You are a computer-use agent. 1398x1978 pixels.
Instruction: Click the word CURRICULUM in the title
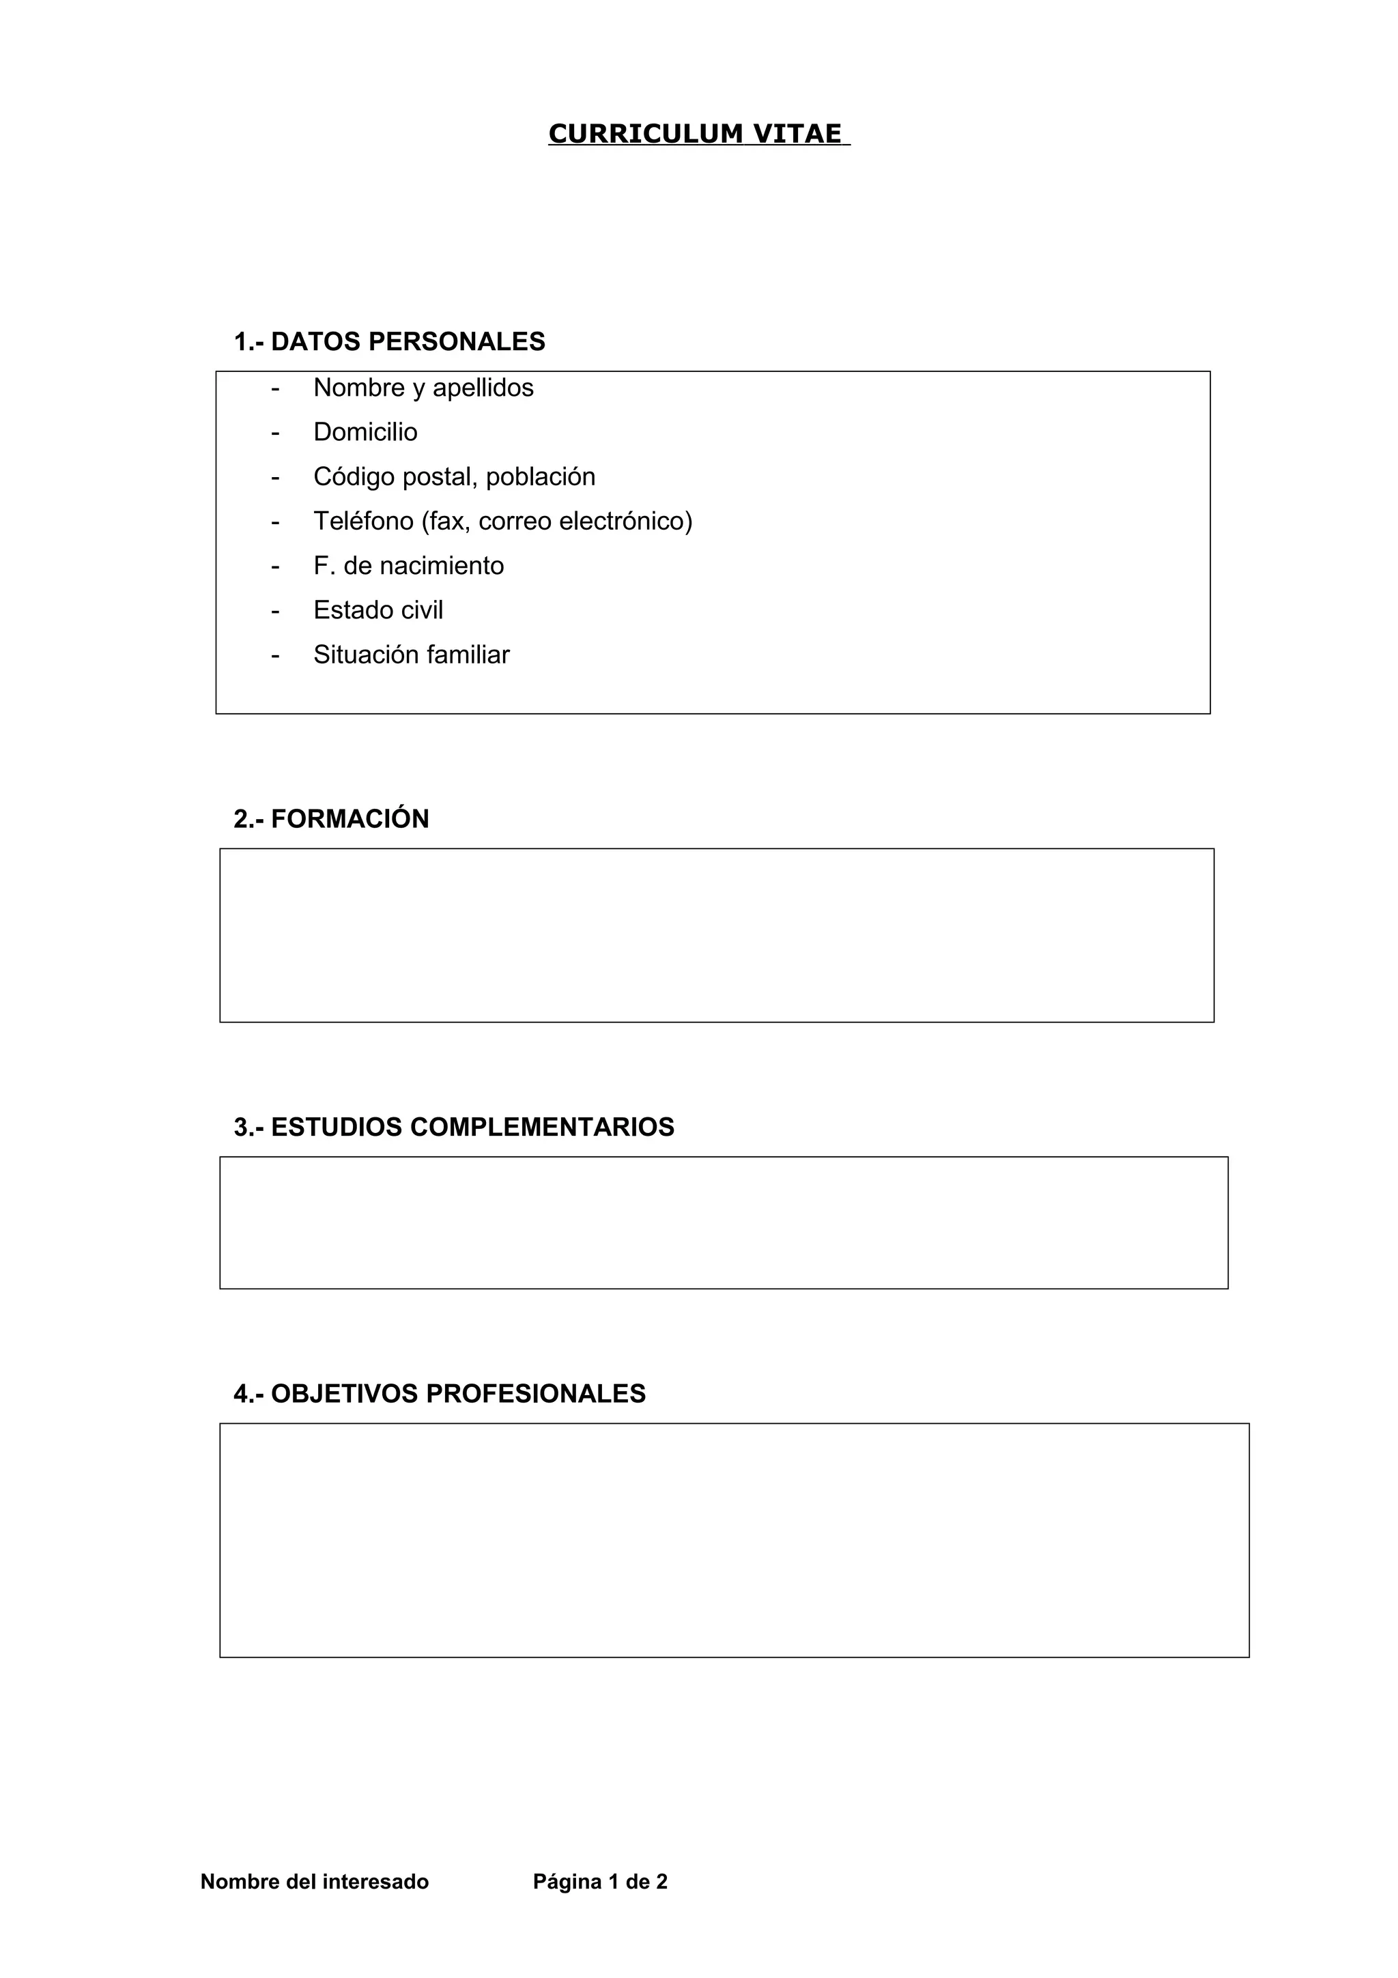click(x=645, y=134)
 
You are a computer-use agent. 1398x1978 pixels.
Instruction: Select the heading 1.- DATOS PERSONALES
click(x=389, y=342)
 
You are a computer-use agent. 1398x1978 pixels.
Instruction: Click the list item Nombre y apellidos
click(x=423, y=388)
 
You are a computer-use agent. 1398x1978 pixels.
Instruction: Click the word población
click(x=540, y=476)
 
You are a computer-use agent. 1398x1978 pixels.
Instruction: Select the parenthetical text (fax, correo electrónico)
click(x=556, y=521)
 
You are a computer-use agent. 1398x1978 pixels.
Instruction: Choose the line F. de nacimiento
click(x=408, y=566)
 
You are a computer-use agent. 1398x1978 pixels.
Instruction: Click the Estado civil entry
click(x=378, y=610)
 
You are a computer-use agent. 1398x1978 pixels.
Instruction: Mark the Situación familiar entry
click(x=411, y=655)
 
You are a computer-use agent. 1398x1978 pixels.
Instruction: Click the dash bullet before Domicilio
click(x=275, y=433)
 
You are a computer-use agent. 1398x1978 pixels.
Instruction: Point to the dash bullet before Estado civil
click(x=275, y=611)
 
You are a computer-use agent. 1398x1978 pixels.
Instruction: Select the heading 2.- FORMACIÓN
click(x=331, y=818)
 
